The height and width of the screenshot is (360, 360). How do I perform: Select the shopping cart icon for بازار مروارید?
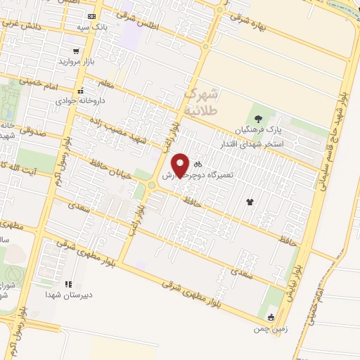click(x=76, y=51)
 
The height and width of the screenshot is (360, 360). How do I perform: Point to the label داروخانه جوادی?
click(x=81, y=100)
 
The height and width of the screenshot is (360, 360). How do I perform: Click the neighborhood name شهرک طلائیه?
click(x=203, y=102)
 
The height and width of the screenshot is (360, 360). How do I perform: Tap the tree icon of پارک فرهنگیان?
click(x=259, y=119)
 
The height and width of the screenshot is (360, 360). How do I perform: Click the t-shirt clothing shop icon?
click(x=250, y=202)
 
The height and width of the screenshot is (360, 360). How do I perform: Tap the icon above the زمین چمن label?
click(x=271, y=317)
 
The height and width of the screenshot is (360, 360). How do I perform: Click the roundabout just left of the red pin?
click(x=150, y=184)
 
